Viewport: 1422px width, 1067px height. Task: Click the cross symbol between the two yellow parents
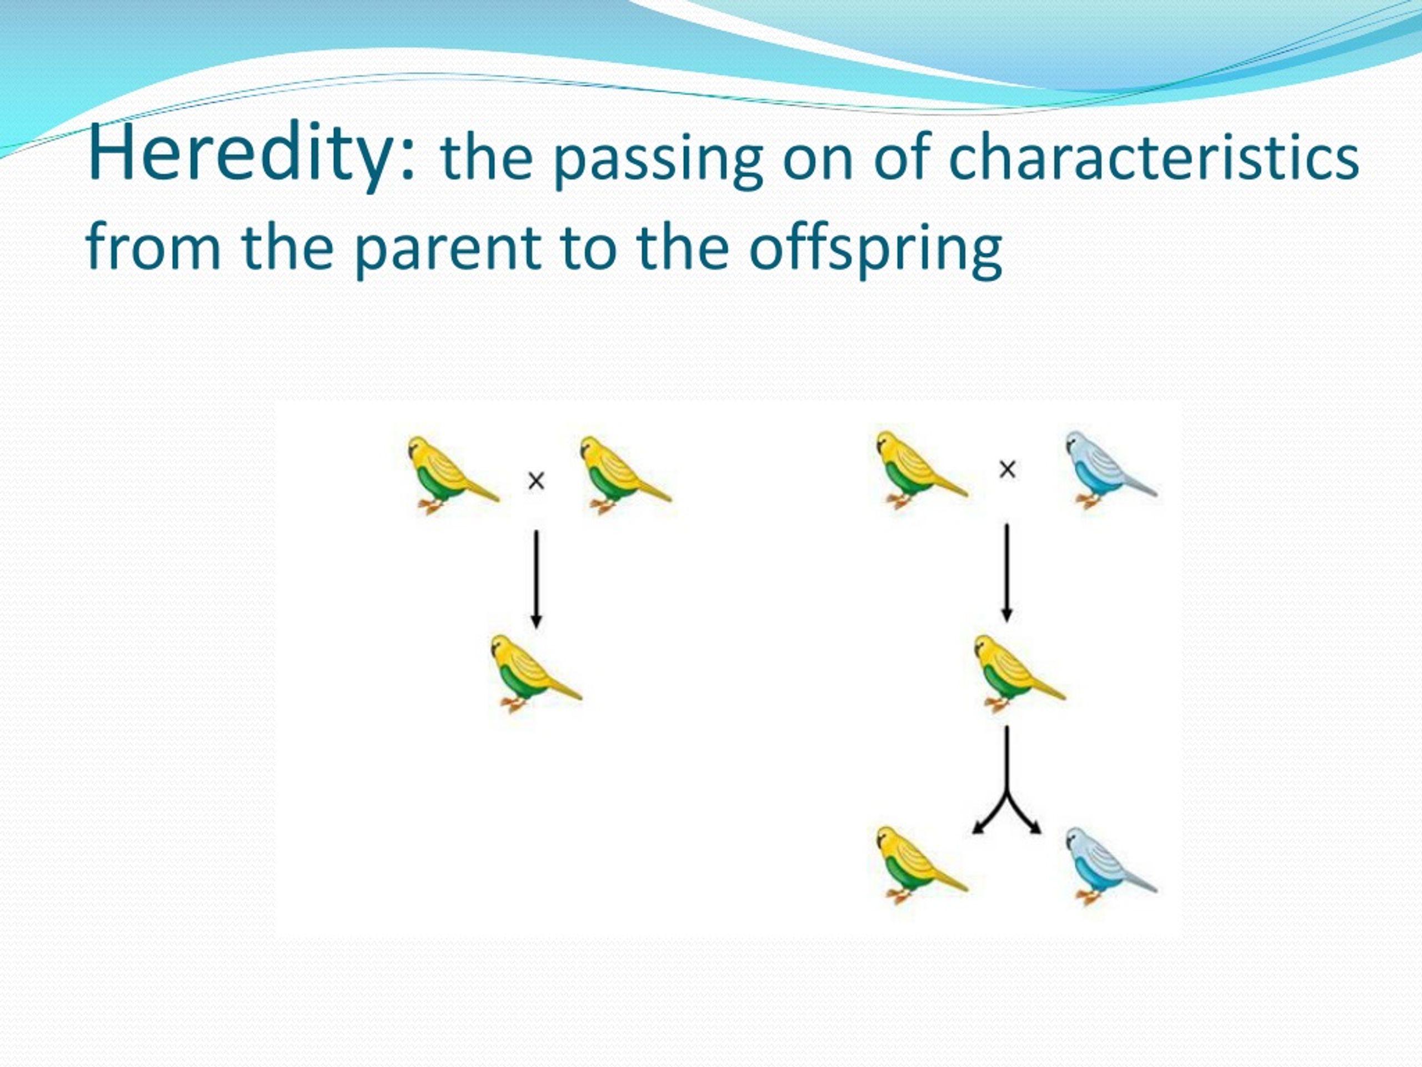click(536, 481)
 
